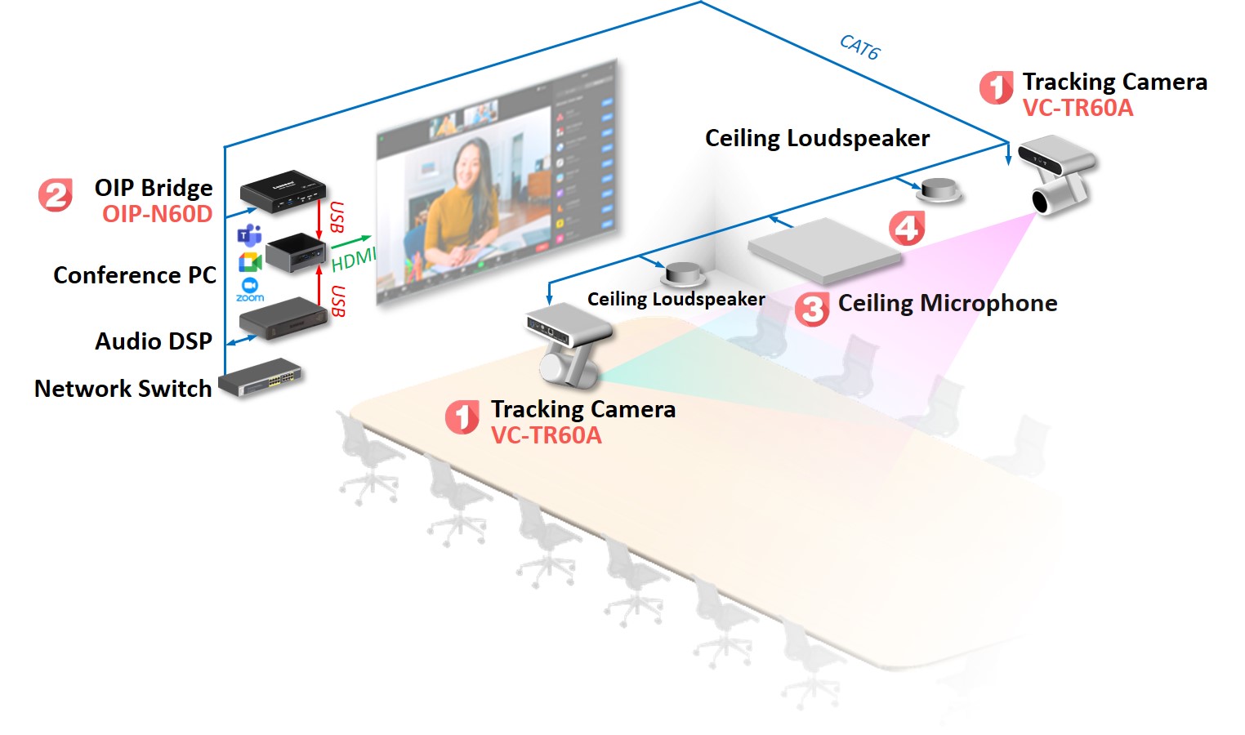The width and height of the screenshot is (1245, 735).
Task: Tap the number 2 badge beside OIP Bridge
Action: tap(56, 195)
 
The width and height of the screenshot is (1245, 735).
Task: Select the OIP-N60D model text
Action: tap(157, 214)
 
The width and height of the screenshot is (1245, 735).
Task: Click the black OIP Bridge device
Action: tap(283, 192)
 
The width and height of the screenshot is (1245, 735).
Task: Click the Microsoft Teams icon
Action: tap(249, 235)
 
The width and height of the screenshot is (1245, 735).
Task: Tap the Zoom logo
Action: tap(250, 288)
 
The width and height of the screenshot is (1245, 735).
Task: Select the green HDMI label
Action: tap(353, 259)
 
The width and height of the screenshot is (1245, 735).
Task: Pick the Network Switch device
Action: tap(261, 378)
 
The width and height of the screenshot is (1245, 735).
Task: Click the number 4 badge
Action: tap(907, 228)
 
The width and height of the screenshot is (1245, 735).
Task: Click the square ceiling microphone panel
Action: tap(824, 248)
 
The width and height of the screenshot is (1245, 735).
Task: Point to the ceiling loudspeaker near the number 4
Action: tap(939, 189)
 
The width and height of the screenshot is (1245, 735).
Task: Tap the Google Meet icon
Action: tap(249, 262)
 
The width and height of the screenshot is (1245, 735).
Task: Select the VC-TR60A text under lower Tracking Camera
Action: tap(546, 435)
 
